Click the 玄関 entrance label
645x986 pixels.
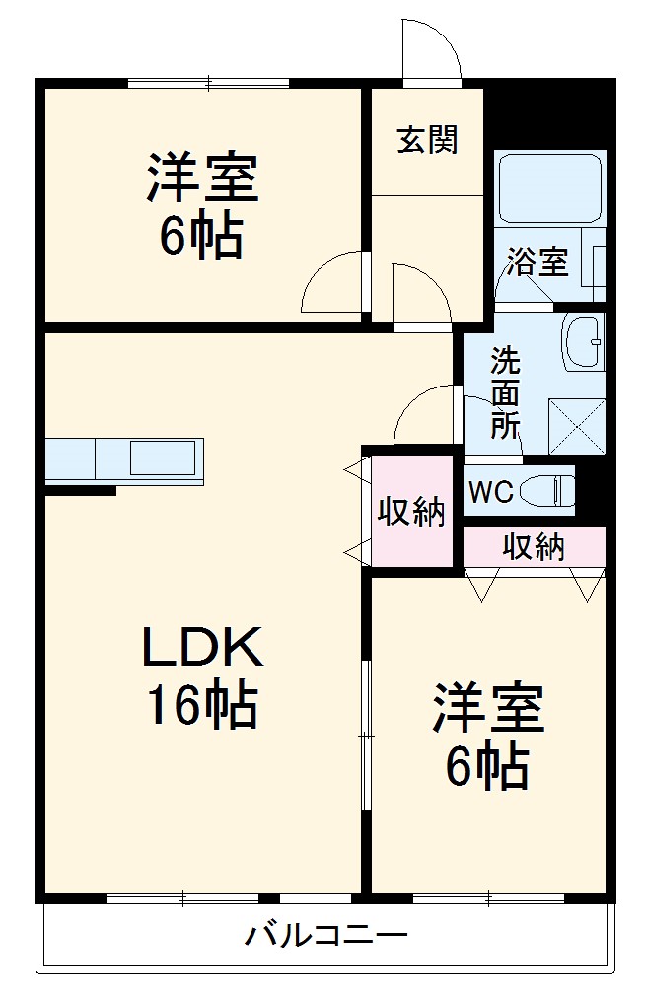[427, 140]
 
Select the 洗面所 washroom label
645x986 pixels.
[506, 392]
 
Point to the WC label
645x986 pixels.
[490, 492]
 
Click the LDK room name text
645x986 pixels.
[203, 648]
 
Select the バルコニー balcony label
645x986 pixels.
[326, 933]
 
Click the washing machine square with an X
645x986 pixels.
[576, 425]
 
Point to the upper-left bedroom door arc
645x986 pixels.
[332, 283]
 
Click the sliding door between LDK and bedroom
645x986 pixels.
[366, 735]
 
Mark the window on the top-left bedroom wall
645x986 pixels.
[207, 83]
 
